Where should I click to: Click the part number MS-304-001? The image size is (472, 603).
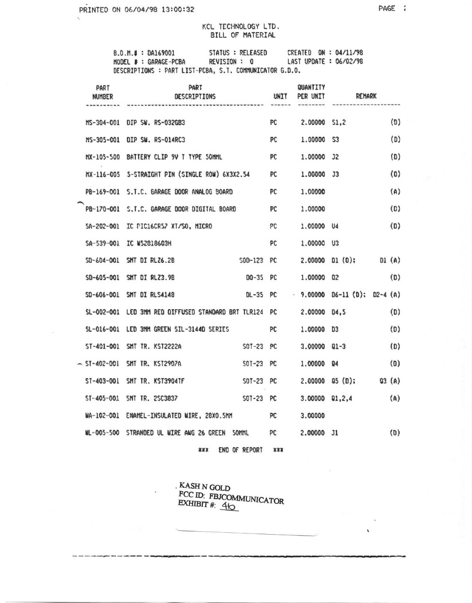102,122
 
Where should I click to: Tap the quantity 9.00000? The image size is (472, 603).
312,295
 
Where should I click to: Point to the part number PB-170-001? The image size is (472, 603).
102,209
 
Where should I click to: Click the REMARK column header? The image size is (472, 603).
366,96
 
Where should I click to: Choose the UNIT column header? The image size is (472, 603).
280,96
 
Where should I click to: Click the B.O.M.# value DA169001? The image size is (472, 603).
161,53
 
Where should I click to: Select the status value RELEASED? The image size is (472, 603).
253,53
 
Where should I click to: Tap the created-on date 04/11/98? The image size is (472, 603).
349,53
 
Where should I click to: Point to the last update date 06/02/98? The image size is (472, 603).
349,61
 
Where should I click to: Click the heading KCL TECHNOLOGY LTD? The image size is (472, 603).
241,27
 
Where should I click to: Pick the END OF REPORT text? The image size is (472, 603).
240,450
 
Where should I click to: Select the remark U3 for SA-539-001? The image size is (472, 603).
336,243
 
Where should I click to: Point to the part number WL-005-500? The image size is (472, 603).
102,433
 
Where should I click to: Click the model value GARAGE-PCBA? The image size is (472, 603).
166,61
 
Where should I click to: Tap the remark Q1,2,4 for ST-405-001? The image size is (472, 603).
342,398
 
